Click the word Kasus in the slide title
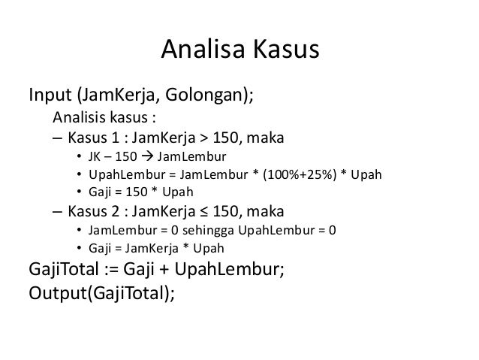283,50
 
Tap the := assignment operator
107,268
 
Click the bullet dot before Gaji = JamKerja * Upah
80,247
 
